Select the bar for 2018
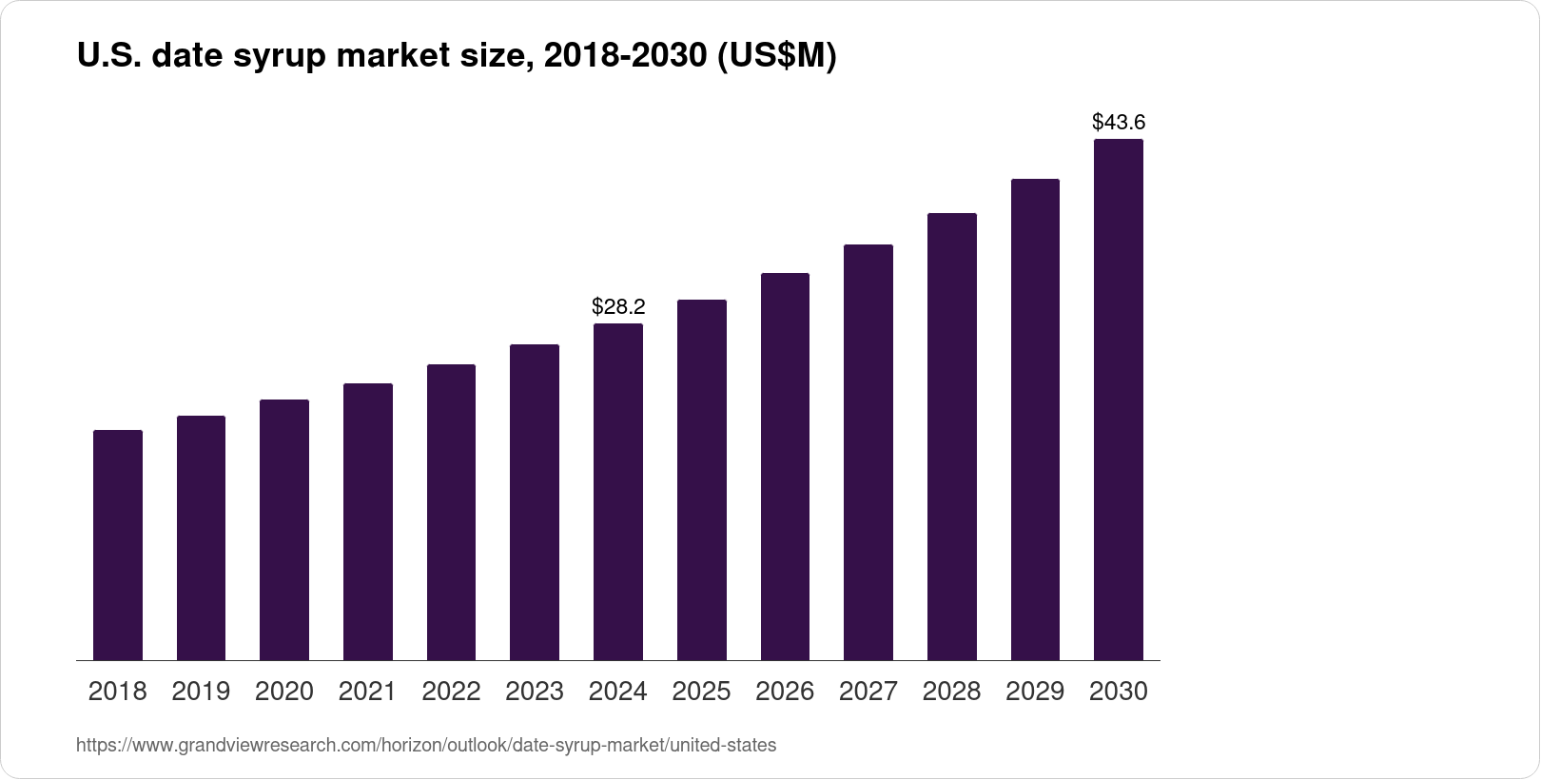pyautogui.click(x=118, y=545)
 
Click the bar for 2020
pyautogui.click(x=284, y=530)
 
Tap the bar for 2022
pyautogui.click(x=451, y=512)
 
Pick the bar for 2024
pyautogui.click(x=618, y=492)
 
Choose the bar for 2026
pyautogui.click(x=785, y=466)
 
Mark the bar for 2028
pyautogui.click(x=951, y=437)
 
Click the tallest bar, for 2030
pyautogui.click(x=1119, y=400)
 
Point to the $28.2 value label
pyautogui.click(x=618, y=306)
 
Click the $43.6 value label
pyautogui.click(x=1119, y=122)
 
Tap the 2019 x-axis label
pyautogui.click(x=201, y=692)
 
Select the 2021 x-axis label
pyautogui.click(x=367, y=692)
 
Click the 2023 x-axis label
pyautogui.click(x=535, y=692)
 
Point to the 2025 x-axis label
pyautogui.click(x=701, y=692)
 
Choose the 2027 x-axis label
pyautogui.click(x=868, y=692)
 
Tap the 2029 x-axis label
pyautogui.click(x=1035, y=692)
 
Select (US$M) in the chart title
pyautogui.click(x=776, y=57)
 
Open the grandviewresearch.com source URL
pyautogui.click(x=425, y=746)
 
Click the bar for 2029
pyautogui.click(x=1035, y=419)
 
